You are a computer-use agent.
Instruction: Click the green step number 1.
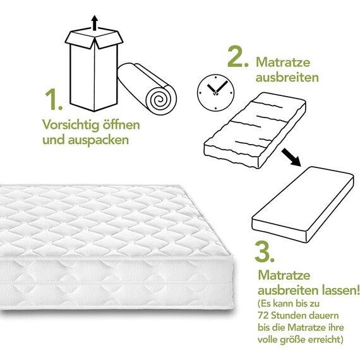53,99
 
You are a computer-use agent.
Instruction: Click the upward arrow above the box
94,23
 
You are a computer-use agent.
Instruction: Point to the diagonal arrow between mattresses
291,157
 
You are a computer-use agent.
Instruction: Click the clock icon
215,92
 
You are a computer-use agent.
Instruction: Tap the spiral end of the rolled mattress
159,99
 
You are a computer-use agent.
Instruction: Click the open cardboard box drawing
94,69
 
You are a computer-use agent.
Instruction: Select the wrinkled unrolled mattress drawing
255,130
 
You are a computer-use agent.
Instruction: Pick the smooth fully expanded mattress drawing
303,205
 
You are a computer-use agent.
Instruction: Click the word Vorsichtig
71,125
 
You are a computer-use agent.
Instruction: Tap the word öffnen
121,124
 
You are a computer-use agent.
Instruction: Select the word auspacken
99,140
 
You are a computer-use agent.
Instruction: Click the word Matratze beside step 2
283,63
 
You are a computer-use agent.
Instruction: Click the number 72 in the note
263,315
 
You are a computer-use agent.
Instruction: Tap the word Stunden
287,315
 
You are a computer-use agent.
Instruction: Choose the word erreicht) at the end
326,340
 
